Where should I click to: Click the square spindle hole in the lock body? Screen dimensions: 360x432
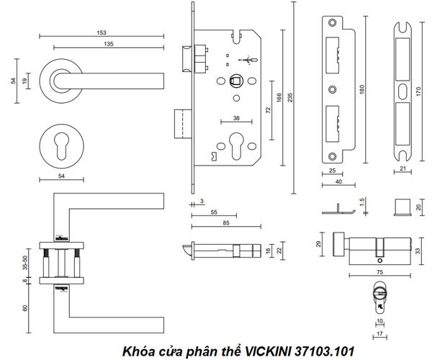pos(235,81)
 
